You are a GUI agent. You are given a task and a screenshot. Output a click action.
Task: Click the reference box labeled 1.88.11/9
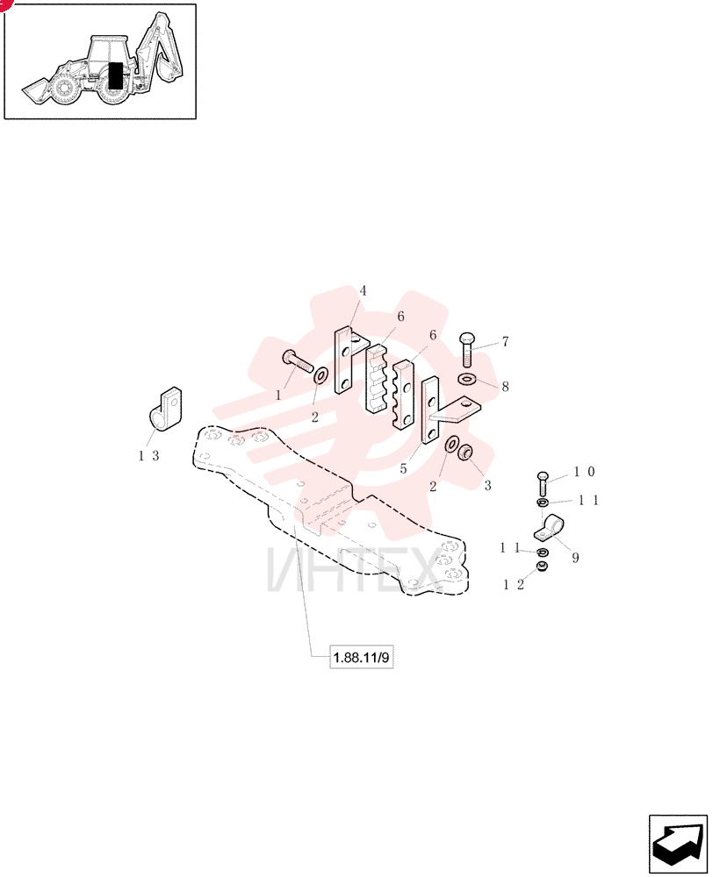(361, 657)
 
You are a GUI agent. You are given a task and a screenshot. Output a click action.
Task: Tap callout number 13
(149, 456)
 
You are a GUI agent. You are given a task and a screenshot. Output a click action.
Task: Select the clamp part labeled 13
(165, 410)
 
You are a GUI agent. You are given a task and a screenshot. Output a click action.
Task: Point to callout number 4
(363, 291)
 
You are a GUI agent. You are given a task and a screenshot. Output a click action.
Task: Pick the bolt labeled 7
(467, 350)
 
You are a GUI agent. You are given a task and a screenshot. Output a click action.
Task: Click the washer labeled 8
(466, 380)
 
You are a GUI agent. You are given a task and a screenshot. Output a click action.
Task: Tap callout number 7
(505, 341)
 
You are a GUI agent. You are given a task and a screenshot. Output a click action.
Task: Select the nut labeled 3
(465, 452)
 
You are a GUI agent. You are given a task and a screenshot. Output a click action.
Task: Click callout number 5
(403, 468)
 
